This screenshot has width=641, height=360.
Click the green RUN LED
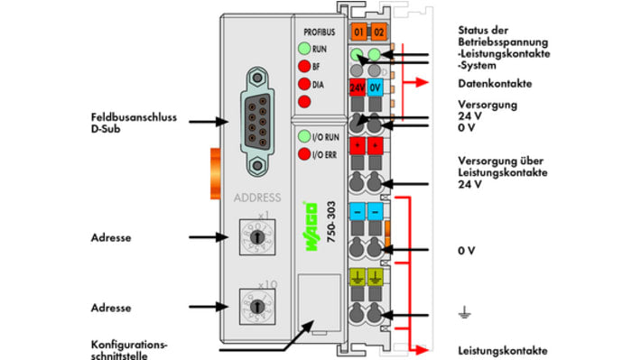click(x=304, y=49)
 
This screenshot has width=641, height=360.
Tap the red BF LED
click(x=304, y=66)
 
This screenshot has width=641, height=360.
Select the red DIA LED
click(x=304, y=84)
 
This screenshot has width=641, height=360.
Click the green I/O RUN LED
click(x=304, y=136)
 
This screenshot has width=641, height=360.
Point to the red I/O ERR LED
click(x=304, y=154)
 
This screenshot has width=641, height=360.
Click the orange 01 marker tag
click(x=358, y=32)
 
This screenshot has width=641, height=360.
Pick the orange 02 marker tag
click(x=379, y=32)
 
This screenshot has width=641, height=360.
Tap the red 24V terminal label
click(x=358, y=88)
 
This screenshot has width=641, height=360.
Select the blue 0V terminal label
click(x=375, y=88)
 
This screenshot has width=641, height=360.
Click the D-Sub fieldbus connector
click(x=257, y=122)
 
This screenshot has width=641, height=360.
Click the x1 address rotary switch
click(x=257, y=237)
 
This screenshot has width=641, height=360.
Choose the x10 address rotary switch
click(x=257, y=307)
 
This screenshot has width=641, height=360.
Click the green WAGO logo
click(x=311, y=226)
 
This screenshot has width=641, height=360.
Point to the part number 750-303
click(x=331, y=222)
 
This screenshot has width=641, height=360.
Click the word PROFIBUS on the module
click(x=320, y=32)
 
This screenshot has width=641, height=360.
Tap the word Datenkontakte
click(x=495, y=84)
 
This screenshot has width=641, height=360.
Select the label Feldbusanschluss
click(x=134, y=117)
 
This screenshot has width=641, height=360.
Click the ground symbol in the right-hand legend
click(x=464, y=312)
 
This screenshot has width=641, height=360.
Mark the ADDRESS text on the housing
click(x=257, y=198)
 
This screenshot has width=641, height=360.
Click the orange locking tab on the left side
click(x=216, y=173)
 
